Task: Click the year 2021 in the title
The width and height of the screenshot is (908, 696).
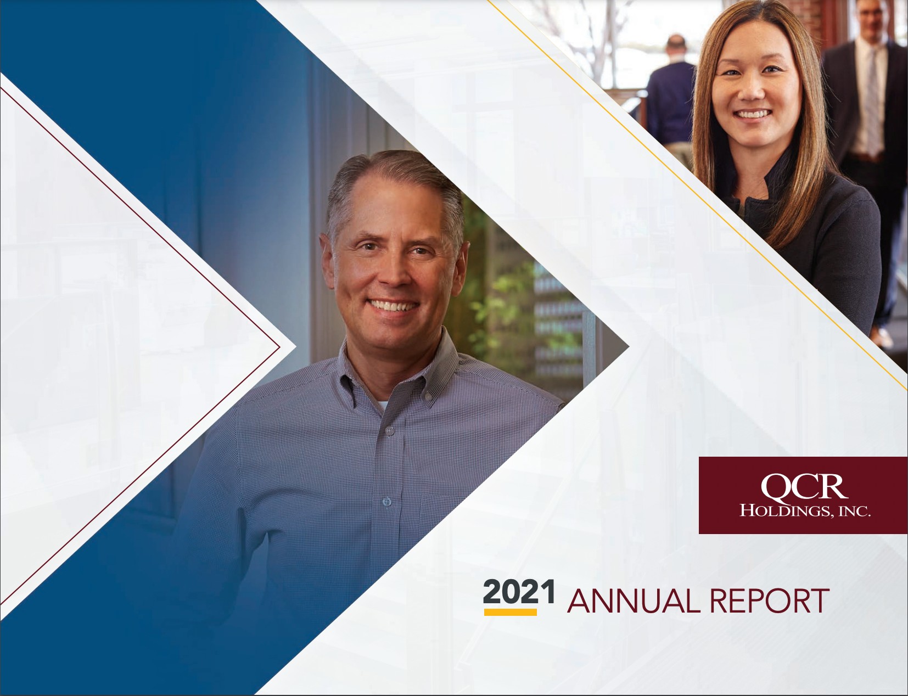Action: (519, 592)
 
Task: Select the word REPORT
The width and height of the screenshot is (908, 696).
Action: (770, 600)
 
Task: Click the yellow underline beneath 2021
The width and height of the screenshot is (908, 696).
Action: (510, 612)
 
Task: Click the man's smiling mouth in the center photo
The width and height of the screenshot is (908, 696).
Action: (393, 305)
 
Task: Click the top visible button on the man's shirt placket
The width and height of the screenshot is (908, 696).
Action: (389, 430)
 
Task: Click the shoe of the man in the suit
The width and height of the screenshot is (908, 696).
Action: (882, 336)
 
